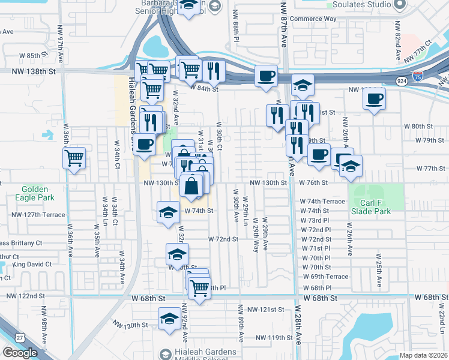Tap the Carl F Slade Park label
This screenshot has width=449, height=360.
370,206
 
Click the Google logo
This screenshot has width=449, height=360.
20,353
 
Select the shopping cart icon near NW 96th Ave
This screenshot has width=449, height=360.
74,158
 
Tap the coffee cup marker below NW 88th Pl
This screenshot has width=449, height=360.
266,76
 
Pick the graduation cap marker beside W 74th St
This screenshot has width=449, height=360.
168,212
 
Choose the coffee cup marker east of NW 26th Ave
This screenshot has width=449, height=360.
375,98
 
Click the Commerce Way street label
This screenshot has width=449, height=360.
313,19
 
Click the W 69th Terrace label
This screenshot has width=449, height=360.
325,277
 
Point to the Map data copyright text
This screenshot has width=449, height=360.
424,355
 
